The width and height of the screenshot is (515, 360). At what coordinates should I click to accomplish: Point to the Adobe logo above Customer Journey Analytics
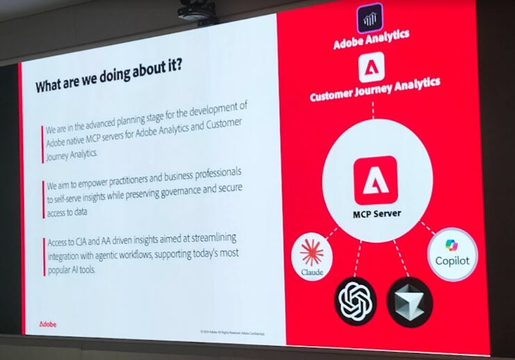pyautogui.click(x=372, y=67)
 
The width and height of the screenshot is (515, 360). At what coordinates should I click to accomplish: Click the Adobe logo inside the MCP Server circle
pyautogui.click(x=375, y=179)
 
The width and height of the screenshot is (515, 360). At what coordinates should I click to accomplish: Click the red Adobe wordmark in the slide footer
pyautogui.click(x=48, y=324)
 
